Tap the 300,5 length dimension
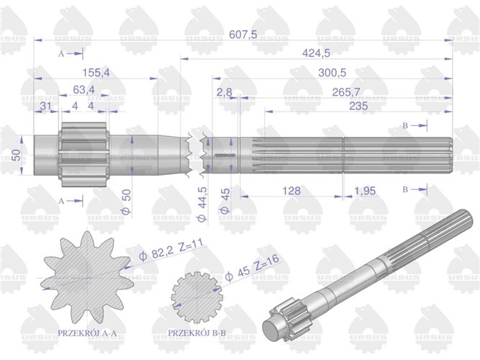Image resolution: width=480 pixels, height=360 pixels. pyautogui.click(x=331, y=73)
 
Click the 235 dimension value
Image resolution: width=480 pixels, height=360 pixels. pyautogui.click(x=356, y=106)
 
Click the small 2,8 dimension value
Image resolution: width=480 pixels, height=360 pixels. pyautogui.click(x=224, y=92)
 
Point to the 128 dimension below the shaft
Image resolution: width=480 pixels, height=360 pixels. pyautogui.click(x=291, y=192)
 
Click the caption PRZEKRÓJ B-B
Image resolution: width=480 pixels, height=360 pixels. pyautogui.click(x=196, y=333)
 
